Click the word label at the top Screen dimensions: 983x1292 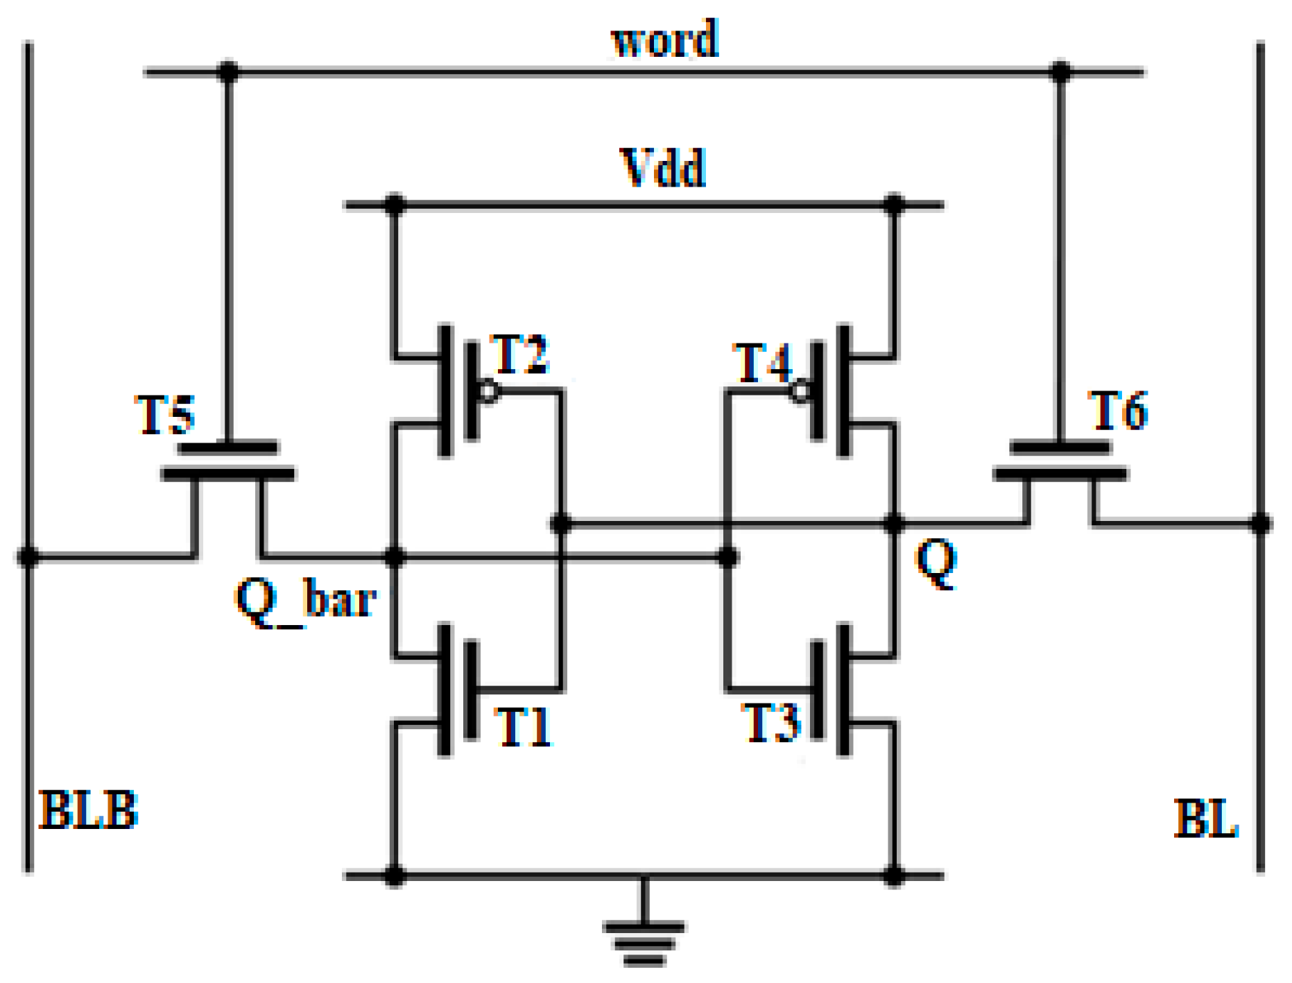pos(664,39)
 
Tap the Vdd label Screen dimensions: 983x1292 pos(662,168)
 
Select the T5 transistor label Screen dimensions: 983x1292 pos(164,415)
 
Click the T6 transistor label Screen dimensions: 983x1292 pos(1118,411)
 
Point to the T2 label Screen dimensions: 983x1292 pos(519,354)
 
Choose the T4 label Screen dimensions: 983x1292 pos(761,363)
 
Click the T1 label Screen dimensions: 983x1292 pos(524,727)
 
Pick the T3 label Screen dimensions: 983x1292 pos(770,723)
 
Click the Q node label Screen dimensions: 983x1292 pos(936,563)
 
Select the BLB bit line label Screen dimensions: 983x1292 pos(89,810)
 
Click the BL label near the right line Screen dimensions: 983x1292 pos(1205,818)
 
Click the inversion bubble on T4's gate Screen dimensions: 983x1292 pos(800,392)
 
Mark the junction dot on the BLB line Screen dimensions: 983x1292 pos(28,556)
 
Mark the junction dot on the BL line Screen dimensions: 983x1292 pos(1260,523)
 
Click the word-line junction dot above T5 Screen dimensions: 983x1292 pos(228,71)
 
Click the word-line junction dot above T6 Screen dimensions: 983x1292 pos(1060,71)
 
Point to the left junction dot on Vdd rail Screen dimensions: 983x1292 pos(395,205)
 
